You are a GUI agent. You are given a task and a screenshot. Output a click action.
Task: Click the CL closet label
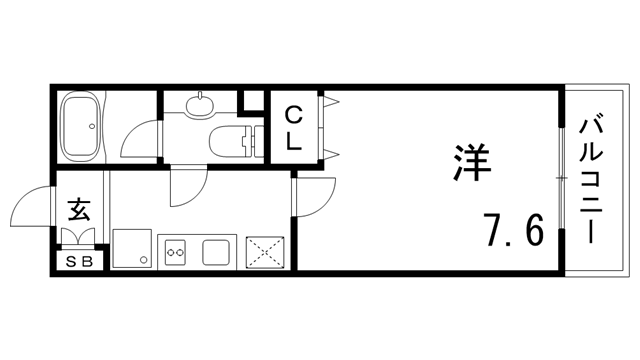point(293,127)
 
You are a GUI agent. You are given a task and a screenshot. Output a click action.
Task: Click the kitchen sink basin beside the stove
point(216,252)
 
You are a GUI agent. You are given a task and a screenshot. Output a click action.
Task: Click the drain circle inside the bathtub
point(95,127)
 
